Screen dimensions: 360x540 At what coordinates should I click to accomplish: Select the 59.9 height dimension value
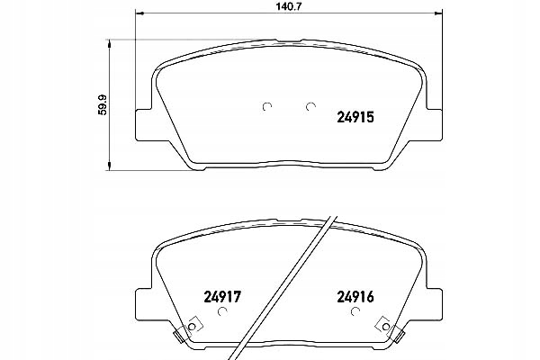[104, 104]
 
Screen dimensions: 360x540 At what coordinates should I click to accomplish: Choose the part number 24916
[354, 293]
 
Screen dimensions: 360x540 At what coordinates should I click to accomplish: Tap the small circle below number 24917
[224, 311]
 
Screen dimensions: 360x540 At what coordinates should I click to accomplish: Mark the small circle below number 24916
[354, 311]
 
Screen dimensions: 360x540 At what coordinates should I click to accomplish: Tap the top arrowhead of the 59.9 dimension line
[110, 41]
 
